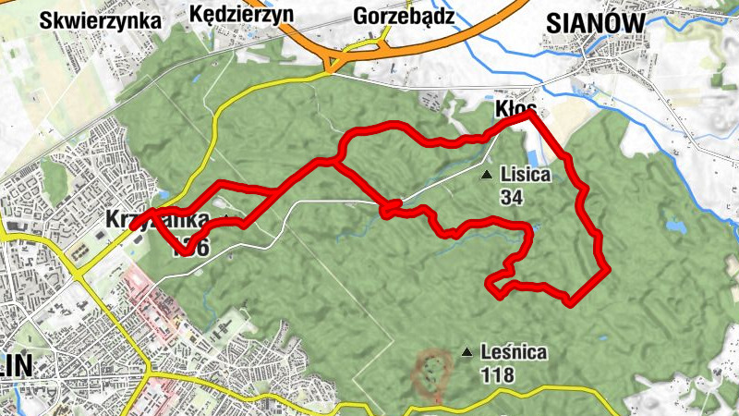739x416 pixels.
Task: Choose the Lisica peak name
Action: tap(525, 174)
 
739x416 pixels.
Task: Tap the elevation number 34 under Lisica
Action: tap(511, 196)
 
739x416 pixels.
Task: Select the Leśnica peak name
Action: tap(514, 352)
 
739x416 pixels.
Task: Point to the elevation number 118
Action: tap(498, 374)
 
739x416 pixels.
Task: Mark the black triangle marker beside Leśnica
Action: tap(467, 352)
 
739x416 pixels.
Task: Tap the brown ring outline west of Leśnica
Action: tap(431, 373)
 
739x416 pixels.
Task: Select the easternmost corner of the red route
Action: tap(606, 270)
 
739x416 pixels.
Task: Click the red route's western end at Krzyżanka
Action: tap(135, 225)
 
